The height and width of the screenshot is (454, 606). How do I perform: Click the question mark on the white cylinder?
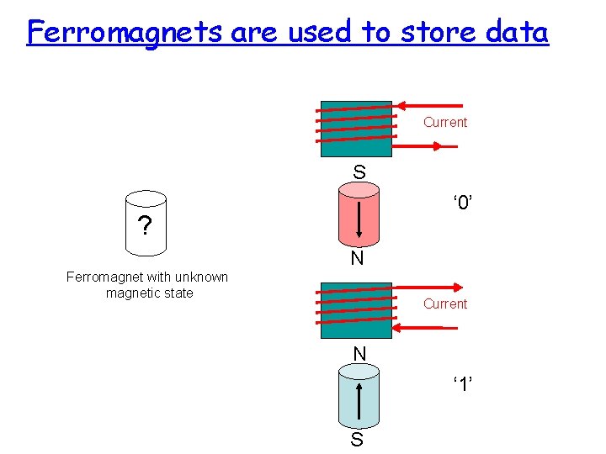[146, 226]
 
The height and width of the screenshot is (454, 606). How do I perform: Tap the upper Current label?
[445, 123]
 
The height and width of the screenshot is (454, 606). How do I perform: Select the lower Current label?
[445, 304]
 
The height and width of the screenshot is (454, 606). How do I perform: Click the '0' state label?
[461, 203]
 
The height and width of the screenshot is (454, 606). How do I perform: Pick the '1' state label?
[461, 384]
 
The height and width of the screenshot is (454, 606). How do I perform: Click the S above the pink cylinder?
[359, 172]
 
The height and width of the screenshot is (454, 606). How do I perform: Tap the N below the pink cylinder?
[358, 259]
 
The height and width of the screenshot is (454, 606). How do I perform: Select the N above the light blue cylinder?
[359, 354]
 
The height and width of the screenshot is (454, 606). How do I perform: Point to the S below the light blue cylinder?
[358, 440]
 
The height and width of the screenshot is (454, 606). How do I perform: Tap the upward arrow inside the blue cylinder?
[360, 401]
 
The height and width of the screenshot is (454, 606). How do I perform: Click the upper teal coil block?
[355, 129]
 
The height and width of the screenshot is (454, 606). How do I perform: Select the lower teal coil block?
[355, 310]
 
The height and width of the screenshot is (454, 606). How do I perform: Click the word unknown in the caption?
[199, 277]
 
